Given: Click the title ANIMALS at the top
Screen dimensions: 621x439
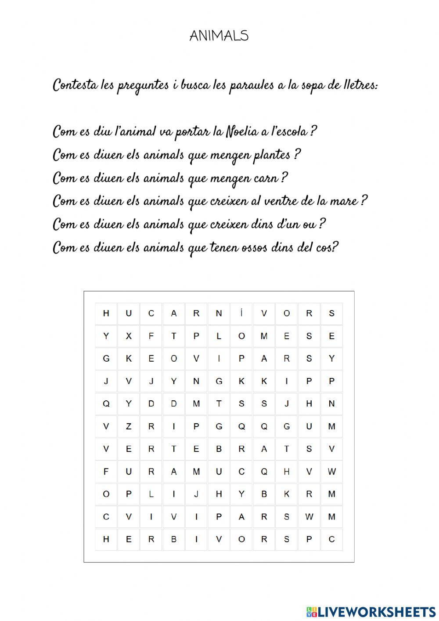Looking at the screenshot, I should click(x=219, y=36).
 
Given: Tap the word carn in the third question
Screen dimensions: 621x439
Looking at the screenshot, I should click(x=266, y=178).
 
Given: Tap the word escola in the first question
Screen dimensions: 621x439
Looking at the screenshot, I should click(x=289, y=131).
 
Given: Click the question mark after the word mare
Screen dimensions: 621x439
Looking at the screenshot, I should click(x=363, y=201).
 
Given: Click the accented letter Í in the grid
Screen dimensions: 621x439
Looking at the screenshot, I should click(x=241, y=313).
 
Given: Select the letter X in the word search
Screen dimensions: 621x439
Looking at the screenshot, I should click(x=129, y=336).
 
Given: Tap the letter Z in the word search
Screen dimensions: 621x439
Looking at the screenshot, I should click(x=129, y=426).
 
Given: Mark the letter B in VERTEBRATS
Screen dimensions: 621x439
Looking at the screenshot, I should click(x=219, y=449).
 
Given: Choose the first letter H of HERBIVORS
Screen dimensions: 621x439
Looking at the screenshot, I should click(x=106, y=539).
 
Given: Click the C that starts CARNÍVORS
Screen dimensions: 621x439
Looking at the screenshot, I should click(x=151, y=313).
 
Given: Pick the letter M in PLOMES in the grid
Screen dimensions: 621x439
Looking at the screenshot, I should click(x=264, y=336).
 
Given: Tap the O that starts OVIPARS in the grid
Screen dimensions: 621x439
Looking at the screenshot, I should click(x=174, y=359).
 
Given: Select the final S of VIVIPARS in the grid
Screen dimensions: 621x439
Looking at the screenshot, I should click(x=287, y=516).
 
